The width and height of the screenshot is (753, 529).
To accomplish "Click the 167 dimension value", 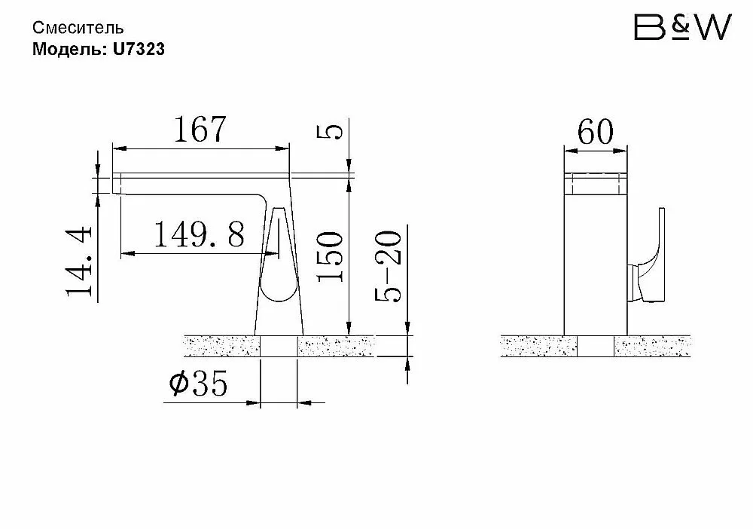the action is [x=200, y=130].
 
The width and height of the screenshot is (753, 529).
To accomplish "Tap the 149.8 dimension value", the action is [x=199, y=234].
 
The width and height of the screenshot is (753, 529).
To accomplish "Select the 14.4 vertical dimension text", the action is [x=79, y=261].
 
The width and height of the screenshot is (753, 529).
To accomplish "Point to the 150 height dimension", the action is [x=331, y=256].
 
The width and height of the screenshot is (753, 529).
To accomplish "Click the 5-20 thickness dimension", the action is [x=388, y=266].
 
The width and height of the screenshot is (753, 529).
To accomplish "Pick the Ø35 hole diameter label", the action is [x=198, y=384].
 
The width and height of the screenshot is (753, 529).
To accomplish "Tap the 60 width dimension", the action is [x=596, y=131].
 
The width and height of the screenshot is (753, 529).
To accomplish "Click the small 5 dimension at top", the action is [x=331, y=131].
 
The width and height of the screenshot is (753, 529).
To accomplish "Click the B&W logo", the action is [x=682, y=27].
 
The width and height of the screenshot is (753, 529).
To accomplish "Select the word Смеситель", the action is [x=78, y=28].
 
